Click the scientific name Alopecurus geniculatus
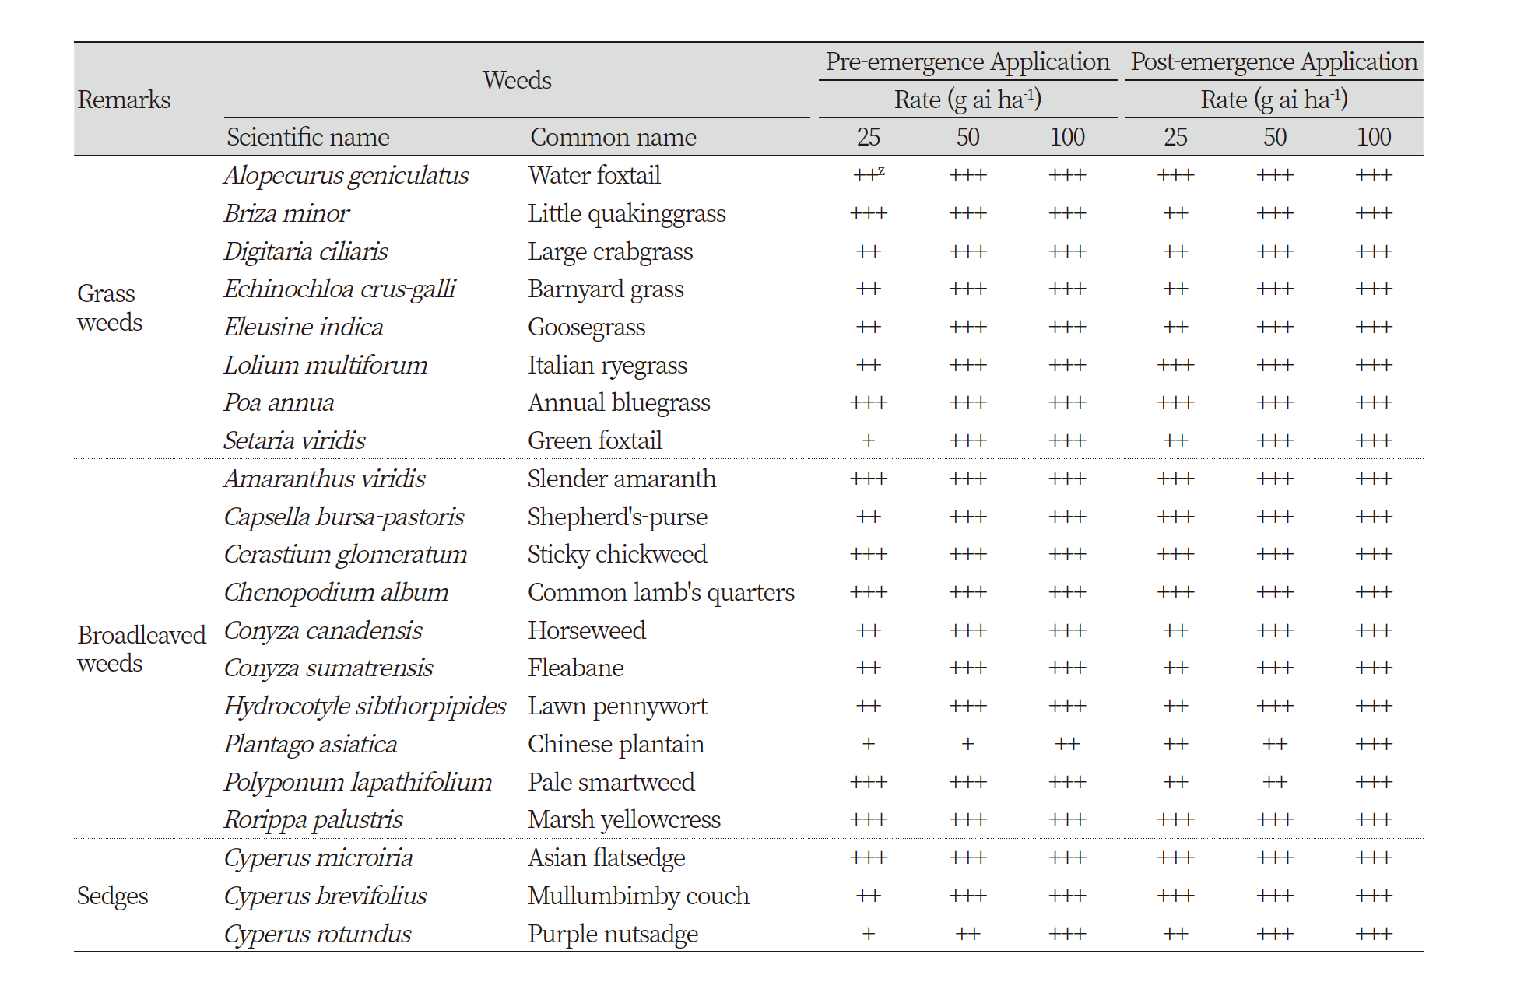[346, 176]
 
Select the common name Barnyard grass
[606, 289]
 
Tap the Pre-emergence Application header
[967, 61]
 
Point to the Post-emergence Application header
[1274, 61]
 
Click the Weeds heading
[517, 80]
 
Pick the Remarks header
[124, 100]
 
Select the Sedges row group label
[112, 896]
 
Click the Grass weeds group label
[110, 307]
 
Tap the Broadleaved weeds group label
[142, 648]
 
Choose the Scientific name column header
[308, 137]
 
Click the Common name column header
[613, 137]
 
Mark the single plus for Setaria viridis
[869, 441]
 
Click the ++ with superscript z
[869, 175]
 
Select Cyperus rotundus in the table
[318, 934]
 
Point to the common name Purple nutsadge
[613, 934]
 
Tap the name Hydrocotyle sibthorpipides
[365, 707]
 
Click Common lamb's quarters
[661, 593]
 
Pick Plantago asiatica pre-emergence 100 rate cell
[1067, 745]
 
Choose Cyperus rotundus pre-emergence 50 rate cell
[967, 934]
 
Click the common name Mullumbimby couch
[638, 896]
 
